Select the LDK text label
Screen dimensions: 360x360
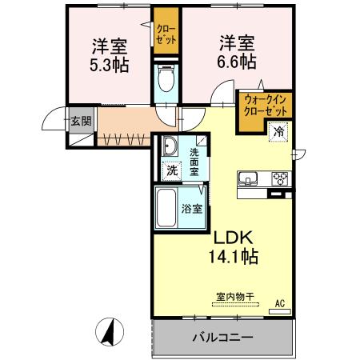pyautogui.click(x=233, y=238)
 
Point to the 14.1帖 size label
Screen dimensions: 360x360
pyautogui.click(x=233, y=257)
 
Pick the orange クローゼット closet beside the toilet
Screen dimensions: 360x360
pyautogui.click(x=166, y=30)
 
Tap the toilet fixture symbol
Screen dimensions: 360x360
pyautogui.click(x=166, y=78)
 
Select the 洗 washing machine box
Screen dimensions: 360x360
pyautogui.click(x=173, y=170)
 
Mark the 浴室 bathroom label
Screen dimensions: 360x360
pyautogui.click(x=192, y=210)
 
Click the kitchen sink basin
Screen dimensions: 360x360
pyautogui.click(x=247, y=178)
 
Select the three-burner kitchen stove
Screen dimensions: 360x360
pyautogui.click(x=280, y=178)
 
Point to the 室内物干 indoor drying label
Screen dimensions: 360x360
pyautogui.click(x=234, y=297)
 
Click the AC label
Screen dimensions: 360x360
pyautogui.click(x=279, y=304)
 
